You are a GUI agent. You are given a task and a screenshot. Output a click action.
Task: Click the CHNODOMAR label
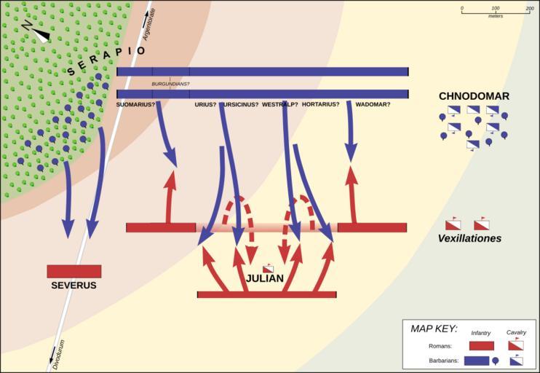pos(474,96)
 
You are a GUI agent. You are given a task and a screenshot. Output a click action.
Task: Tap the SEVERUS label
pos(74,286)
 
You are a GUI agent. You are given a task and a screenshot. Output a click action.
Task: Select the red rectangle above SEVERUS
pos(74,271)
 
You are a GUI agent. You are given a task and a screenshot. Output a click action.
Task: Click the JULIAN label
pos(264,279)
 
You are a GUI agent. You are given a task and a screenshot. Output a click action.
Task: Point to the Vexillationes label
pos(469,238)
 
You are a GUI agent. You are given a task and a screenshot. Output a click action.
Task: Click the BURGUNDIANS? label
pos(170,85)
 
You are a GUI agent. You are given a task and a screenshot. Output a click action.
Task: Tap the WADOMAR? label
pos(373,104)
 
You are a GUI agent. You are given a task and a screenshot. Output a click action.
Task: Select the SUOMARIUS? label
pos(135,104)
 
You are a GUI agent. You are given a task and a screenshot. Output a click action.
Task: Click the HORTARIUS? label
pos(320,104)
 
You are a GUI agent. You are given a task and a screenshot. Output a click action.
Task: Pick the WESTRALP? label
pos(279,104)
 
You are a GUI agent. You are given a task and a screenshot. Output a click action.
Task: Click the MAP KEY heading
pos(434,329)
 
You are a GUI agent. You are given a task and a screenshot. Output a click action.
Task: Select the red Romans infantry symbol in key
pos(481,346)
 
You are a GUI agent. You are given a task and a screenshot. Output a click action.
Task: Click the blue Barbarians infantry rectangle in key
pos(476,360)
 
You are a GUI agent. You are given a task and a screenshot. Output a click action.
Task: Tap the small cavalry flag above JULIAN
pos(268,268)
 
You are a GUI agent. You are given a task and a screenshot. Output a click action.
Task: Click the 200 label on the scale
pos(530,8)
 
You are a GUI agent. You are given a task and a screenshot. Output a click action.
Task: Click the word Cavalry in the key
pos(516,333)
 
